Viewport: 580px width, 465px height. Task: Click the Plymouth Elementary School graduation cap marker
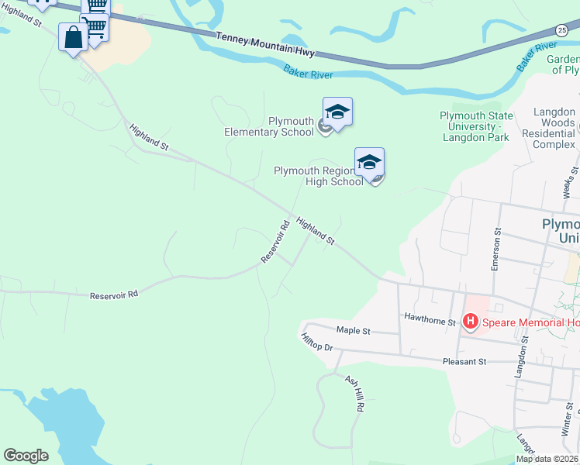pos(337,113)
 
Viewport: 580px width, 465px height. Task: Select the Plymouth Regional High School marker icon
pos(370,164)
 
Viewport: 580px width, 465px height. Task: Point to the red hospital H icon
pos(469,320)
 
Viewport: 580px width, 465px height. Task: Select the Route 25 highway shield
pos(561,29)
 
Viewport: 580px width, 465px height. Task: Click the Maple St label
pos(353,331)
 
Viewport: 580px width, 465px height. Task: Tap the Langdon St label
pos(520,357)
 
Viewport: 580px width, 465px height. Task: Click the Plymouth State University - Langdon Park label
pos(475,126)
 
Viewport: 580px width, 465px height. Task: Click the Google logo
pos(26,456)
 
